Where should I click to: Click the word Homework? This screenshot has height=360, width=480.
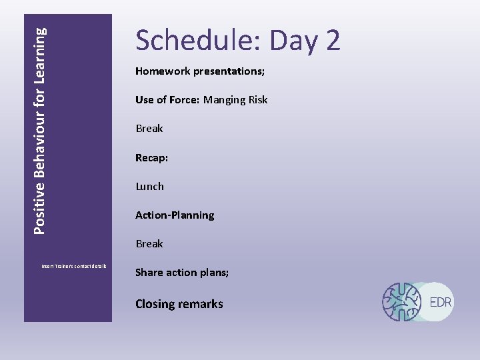163,71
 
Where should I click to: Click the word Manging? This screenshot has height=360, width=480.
225,99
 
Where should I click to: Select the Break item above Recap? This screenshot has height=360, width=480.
149,128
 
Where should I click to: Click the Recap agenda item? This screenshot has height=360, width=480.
151,157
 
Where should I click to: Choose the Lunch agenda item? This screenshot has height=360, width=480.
149,186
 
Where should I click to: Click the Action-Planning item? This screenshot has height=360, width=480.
175,215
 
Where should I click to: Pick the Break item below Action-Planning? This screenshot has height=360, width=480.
149,243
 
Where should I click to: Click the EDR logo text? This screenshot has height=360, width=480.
441,302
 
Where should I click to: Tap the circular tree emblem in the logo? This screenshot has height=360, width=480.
402,302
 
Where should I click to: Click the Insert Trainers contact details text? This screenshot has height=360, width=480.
74,267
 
